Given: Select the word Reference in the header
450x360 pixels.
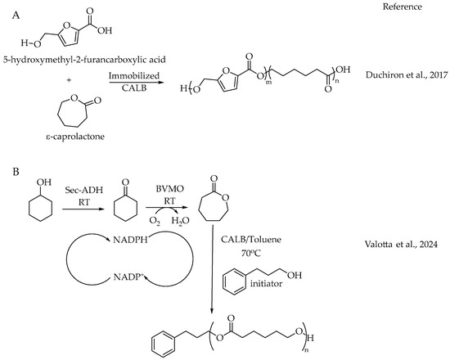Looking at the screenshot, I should (x=407, y=7).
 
